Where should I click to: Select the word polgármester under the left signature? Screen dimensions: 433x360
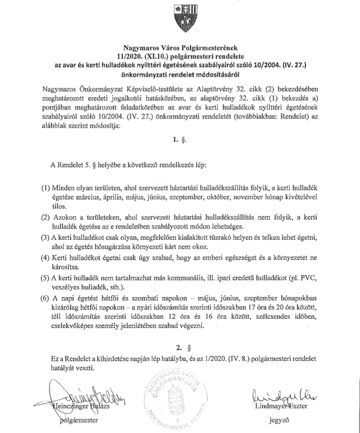point(77,420)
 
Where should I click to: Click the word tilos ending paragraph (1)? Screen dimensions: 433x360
point(59,206)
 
